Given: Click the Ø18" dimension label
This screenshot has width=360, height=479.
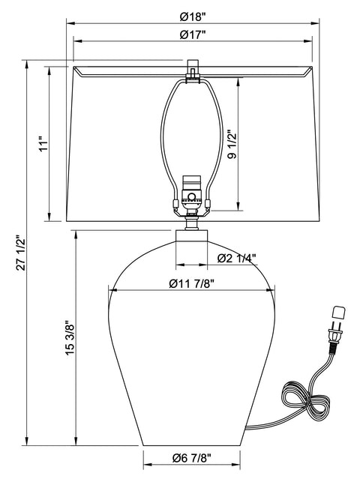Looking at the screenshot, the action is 193,17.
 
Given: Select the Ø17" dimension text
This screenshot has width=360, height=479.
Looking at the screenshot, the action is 193,34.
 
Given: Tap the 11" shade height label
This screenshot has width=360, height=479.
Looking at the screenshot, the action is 44,145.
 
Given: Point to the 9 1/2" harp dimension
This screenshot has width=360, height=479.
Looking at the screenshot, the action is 232,145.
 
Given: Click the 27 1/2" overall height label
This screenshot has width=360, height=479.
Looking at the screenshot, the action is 22,253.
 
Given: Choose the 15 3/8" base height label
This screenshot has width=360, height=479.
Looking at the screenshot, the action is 70,340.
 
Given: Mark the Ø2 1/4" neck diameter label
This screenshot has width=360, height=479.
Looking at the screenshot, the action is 236,259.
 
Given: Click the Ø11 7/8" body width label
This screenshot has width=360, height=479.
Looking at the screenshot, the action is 191,284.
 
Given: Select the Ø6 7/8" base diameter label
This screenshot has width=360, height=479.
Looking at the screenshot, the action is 192,458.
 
